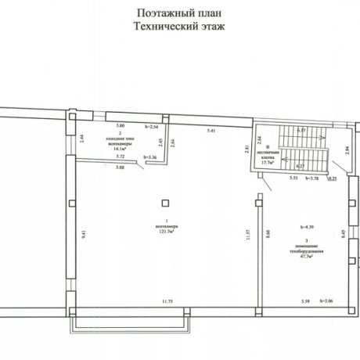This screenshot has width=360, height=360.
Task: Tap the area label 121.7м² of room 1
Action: point(166,232)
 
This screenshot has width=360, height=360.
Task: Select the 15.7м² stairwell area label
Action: point(269,163)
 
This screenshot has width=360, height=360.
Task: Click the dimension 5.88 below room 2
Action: point(119,167)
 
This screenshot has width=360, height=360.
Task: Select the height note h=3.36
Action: point(149,158)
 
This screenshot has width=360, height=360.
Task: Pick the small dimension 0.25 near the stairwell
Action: point(332,178)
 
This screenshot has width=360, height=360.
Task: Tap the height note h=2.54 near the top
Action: point(153,125)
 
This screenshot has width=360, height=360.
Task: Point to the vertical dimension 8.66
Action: point(267,233)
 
